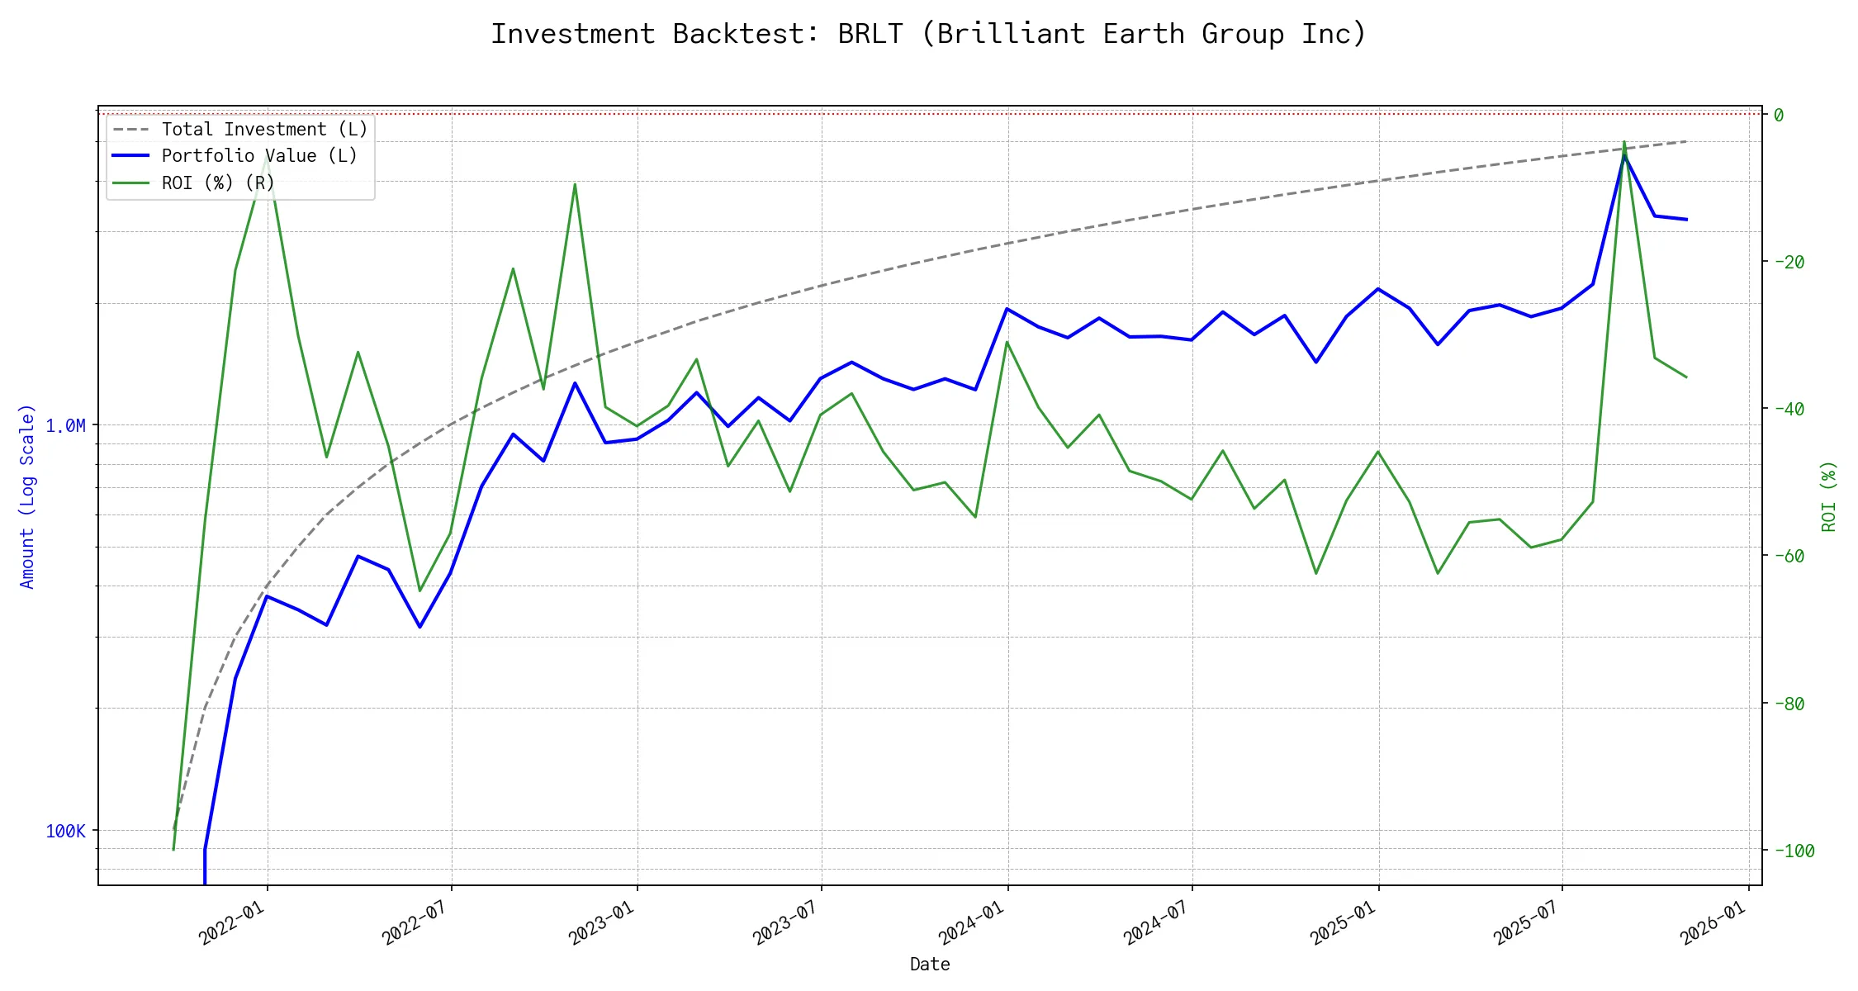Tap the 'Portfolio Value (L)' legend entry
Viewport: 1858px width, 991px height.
pyautogui.click(x=259, y=156)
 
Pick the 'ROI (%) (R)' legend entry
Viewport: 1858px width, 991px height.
pyautogui.click(x=218, y=183)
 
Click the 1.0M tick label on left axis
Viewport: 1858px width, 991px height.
pyautogui.click(x=65, y=426)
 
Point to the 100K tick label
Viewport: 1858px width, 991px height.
pyautogui.click(x=65, y=832)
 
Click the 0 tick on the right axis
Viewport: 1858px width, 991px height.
pyautogui.click(x=1779, y=115)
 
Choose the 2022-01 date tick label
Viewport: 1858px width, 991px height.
pyautogui.click(x=232, y=922)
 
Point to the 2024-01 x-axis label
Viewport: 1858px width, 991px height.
pyautogui.click(x=972, y=922)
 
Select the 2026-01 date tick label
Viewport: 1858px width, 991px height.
pyautogui.click(x=1713, y=922)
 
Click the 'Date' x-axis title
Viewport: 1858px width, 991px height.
pyautogui.click(x=930, y=965)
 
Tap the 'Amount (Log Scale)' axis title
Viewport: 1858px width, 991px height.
pyautogui.click(x=27, y=496)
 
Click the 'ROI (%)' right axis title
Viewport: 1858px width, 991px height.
pyautogui.click(x=1828, y=496)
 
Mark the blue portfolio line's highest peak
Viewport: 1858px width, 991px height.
pyautogui.click(x=1623, y=154)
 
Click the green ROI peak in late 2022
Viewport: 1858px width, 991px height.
pyautogui.click(x=575, y=184)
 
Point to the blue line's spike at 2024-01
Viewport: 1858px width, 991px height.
pyautogui.click(x=1007, y=309)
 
